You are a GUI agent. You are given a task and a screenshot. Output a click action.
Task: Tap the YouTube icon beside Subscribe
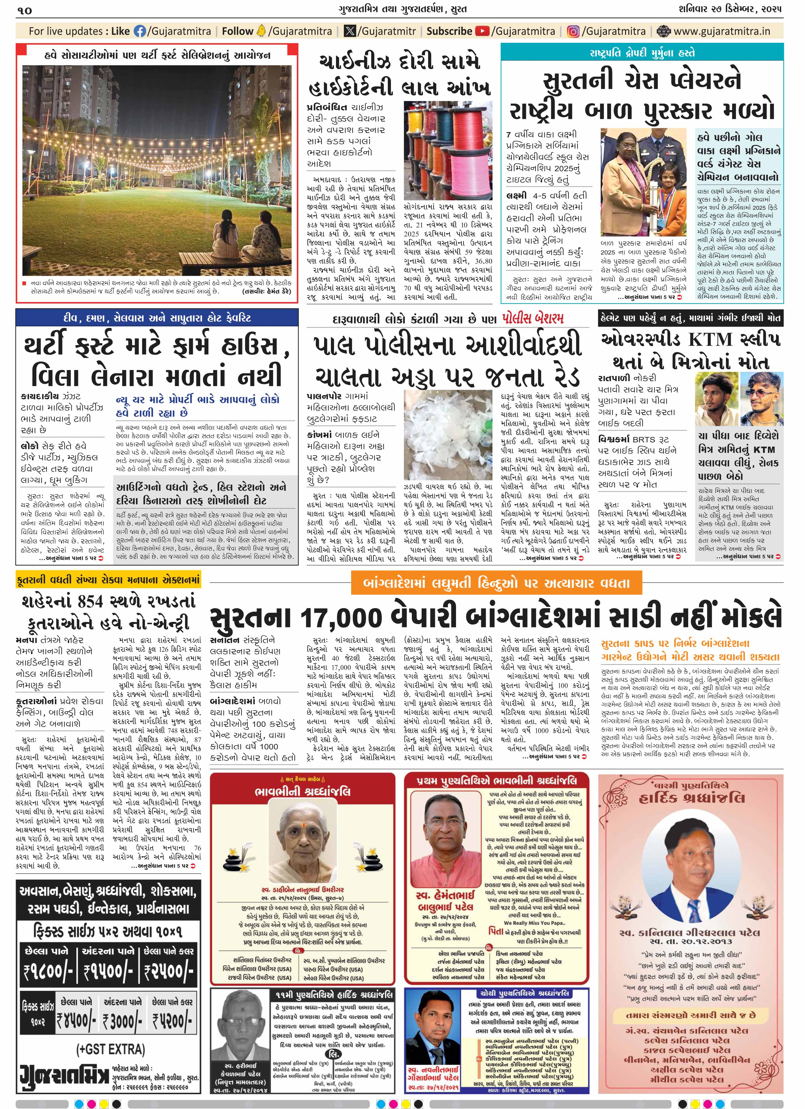click(482, 31)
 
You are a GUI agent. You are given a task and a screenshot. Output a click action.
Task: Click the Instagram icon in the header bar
click(573, 31)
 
